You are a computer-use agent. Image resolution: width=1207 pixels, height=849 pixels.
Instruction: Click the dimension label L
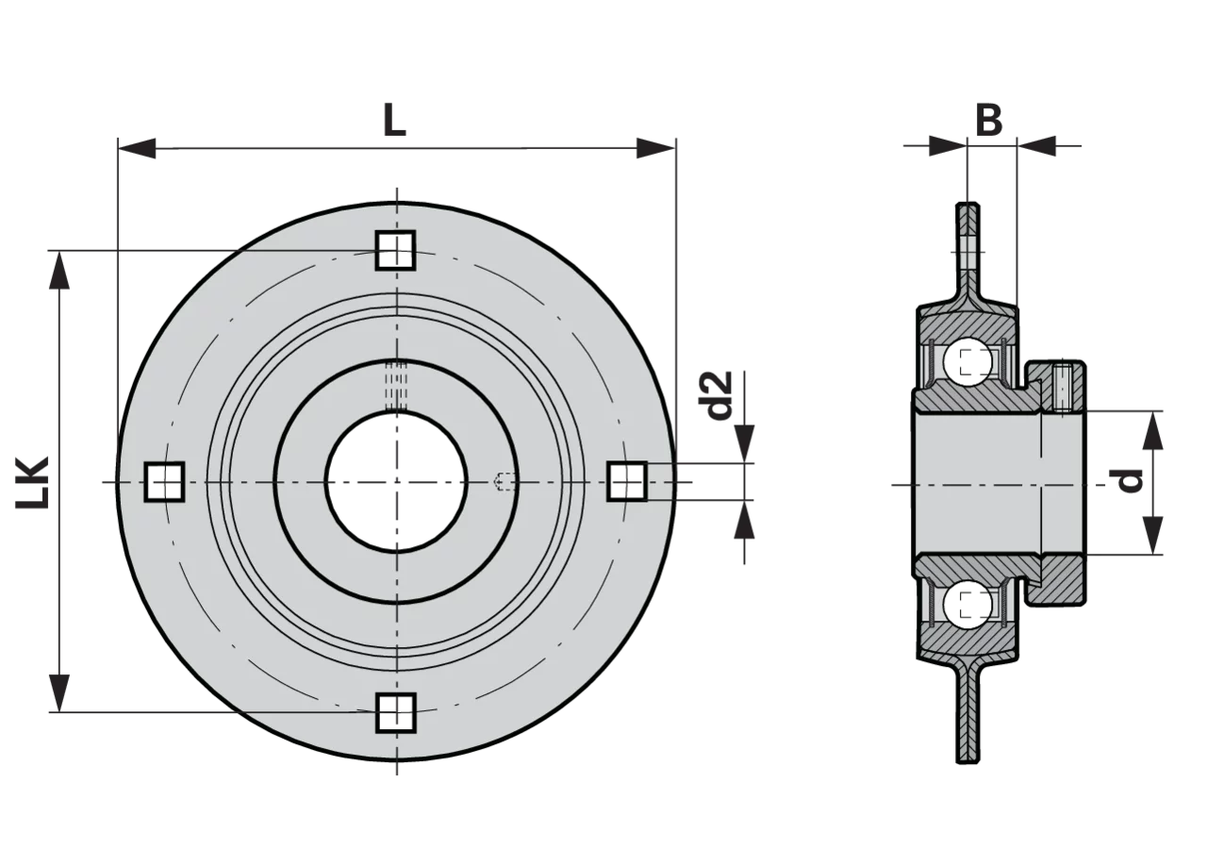tap(394, 119)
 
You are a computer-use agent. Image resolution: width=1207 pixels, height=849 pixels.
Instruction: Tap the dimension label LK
tap(32, 482)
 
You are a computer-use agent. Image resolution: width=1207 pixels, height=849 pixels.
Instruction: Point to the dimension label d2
tap(719, 395)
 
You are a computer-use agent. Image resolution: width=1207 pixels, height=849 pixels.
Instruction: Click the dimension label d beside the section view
tap(1128, 481)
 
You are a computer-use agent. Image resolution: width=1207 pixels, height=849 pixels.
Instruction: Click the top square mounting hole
tap(395, 250)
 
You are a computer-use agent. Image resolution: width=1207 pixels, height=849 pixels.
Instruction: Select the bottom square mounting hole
tap(395, 712)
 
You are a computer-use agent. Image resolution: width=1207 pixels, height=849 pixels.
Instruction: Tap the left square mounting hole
tap(164, 481)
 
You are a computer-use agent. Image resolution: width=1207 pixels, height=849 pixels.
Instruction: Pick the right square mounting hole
tap(627, 481)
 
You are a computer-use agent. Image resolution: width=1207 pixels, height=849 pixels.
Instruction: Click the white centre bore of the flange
tap(397, 482)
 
